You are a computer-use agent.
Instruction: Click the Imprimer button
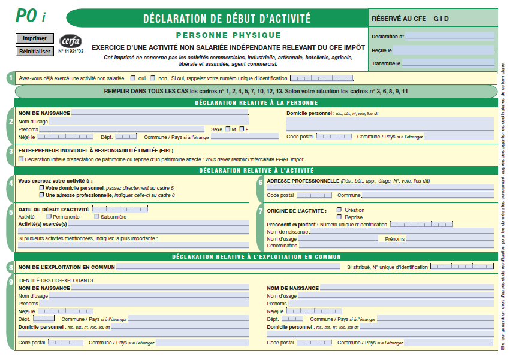pos(34,38)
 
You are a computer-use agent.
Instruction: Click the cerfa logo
pos(70,41)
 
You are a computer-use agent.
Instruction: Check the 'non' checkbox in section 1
pos(154,78)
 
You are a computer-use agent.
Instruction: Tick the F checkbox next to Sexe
pos(240,129)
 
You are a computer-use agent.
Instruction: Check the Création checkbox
pos(339,210)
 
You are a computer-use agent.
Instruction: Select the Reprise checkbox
pos(339,217)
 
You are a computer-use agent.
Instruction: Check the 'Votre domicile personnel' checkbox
pos(41,187)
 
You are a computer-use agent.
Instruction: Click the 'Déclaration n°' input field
pos(449,36)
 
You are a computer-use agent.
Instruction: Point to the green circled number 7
pos(260,211)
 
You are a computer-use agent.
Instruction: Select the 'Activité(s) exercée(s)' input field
pos(158,223)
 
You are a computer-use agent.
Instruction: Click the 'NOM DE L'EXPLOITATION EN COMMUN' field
pos(231,267)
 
